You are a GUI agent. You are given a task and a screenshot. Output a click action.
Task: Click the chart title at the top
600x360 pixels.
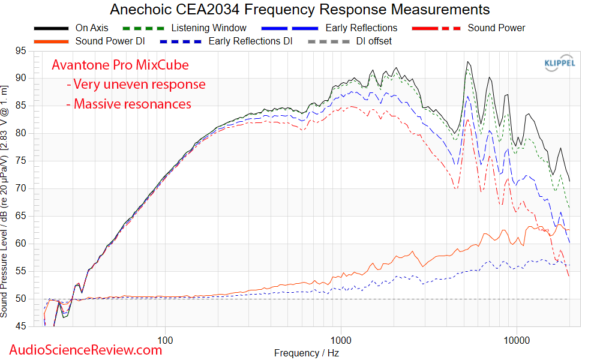pyautogui.click(x=300, y=10)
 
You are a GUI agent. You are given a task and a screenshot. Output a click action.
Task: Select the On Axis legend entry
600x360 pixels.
pyautogui.click(x=91, y=28)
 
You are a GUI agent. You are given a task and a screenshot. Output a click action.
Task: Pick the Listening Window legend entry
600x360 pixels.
pyautogui.click(x=208, y=28)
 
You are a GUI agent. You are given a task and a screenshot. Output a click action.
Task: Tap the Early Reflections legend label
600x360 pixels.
pyautogui.click(x=361, y=28)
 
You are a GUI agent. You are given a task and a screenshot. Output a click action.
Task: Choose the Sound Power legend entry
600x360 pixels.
pyautogui.click(x=496, y=28)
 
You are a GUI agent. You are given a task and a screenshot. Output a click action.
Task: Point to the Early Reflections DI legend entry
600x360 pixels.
pyautogui.click(x=250, y=41)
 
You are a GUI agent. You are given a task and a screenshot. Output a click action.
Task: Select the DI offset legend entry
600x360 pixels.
pyautogui.click(x=374, y=41)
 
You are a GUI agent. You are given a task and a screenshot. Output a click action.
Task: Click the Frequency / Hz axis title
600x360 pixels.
pyautogui.click(x=306, y=353)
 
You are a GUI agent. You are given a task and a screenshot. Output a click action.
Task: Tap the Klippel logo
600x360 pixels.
pyautogui.click(x=560, y=63)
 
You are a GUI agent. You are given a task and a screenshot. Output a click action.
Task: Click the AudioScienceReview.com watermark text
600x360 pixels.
pyautogui.click(x=85, y=349)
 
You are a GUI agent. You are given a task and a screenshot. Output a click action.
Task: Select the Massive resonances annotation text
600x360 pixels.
pyautogui.click(x=132, y=104)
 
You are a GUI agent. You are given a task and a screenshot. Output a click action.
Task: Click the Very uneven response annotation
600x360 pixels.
pyautogui.click(x=139, y=85)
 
